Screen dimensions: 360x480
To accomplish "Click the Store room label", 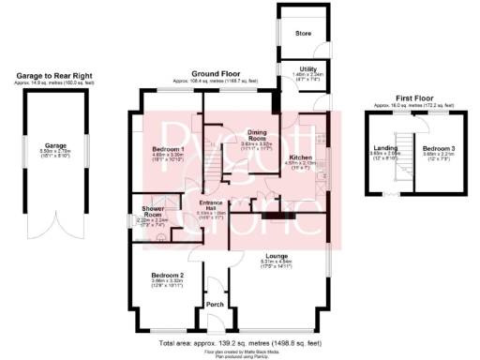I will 303,35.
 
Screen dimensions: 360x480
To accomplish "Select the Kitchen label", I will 300,157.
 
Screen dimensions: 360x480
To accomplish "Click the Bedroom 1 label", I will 168,149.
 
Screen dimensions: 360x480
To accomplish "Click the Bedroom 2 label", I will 167,275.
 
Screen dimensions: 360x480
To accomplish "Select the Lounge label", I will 276,254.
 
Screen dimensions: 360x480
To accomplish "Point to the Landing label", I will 385,147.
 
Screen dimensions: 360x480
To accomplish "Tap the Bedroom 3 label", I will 437,148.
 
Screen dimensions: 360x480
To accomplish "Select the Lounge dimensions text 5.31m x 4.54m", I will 276,261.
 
